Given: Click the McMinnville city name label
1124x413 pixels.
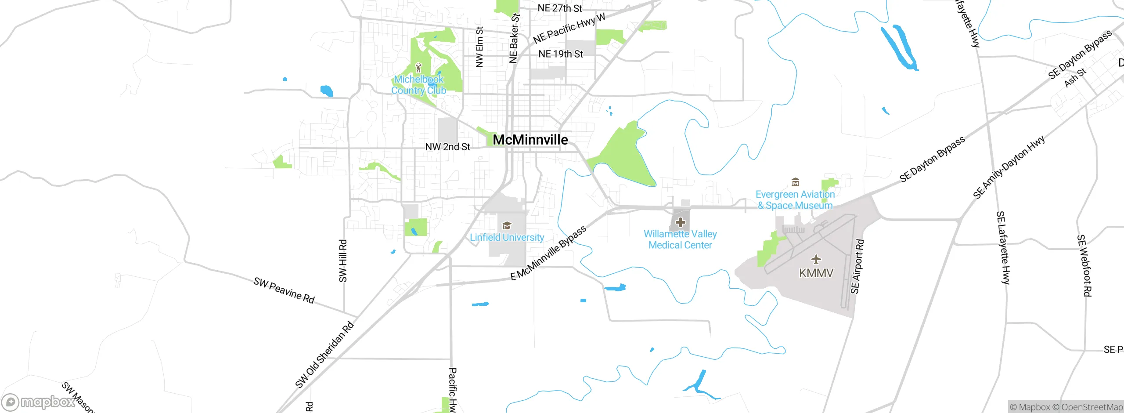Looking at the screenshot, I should tap(530, 140).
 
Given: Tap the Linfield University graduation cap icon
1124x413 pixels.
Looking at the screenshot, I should tap(507, 226).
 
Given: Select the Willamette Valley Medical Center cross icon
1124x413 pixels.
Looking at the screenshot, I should tap(680, 222).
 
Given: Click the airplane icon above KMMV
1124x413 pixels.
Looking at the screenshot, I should tap(816, 259).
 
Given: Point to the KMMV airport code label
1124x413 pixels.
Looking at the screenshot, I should tap(816, 273).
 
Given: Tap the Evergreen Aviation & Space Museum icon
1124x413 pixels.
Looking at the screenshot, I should tap(795, 182).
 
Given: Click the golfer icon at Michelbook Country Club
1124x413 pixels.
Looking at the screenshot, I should tap(418, 68).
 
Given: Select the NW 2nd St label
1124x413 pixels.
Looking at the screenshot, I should tap(447, 147).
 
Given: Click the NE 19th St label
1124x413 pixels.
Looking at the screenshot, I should tap(561, 54).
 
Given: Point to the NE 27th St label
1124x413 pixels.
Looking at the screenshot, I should tap(560, 8).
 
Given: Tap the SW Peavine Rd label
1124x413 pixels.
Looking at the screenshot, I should tap(284, 290).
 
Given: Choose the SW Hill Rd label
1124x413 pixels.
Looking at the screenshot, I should tap(343, 261).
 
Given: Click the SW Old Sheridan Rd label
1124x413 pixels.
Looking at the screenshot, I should tap(324, 355).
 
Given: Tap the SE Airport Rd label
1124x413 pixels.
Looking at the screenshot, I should tap(857, 266).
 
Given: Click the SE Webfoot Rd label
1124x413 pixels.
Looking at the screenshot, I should tap(1084, 265).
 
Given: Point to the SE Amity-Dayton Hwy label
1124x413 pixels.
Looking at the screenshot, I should tap(1009, 167).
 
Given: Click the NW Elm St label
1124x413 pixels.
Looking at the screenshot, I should tap(479, 47).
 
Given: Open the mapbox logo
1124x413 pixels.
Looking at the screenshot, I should tap(39, 402).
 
